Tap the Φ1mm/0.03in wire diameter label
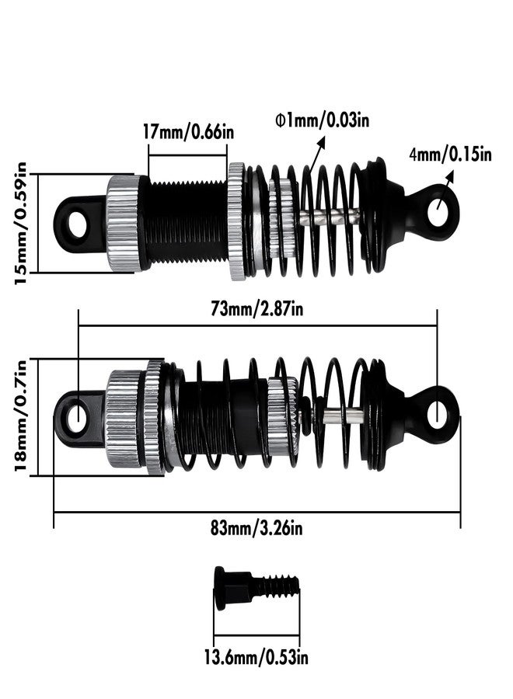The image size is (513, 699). [x=321, y=120]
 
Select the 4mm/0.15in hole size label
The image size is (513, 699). [x=451, y=154]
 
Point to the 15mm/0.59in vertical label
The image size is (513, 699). [x=21, y=222]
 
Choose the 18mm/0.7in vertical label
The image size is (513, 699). [x=21, y=416]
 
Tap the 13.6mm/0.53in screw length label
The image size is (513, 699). [x=256, y=658]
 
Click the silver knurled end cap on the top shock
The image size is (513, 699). [x=123, y=223]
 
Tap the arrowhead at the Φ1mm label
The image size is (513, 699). [x=321, y=141]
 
